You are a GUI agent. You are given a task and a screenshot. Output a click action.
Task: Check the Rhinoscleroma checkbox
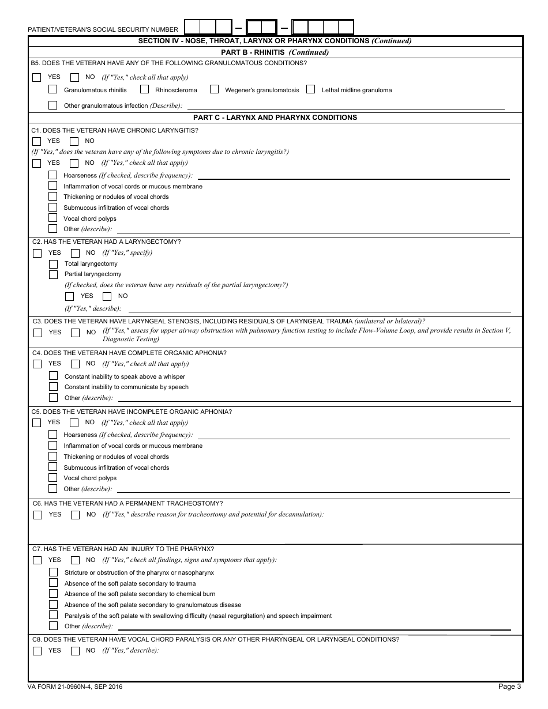point(144,89)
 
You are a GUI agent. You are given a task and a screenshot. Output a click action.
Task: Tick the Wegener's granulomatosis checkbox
point(214,89)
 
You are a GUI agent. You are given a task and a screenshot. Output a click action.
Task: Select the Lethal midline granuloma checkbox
point(311,89)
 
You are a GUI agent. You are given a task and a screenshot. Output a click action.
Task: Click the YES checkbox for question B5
point(37,77)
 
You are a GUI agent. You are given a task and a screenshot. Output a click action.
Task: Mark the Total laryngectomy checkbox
point(54,263)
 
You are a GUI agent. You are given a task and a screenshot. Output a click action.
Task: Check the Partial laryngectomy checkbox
point(54,274)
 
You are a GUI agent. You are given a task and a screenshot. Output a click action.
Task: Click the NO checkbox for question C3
point(75,333)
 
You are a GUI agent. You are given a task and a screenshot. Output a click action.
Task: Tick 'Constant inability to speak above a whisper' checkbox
point(54,376)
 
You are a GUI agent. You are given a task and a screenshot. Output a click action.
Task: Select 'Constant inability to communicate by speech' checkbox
point(54,387)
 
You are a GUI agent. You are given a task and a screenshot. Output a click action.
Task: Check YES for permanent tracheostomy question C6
point(37,515)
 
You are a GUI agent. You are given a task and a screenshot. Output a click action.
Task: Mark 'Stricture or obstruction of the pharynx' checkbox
point(54,572)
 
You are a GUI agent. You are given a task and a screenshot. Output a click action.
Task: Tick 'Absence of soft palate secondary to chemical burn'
point(54,594)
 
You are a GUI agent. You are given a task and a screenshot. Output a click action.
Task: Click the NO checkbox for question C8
point(75,651)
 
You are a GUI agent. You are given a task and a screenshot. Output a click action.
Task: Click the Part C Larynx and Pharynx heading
point(275,118)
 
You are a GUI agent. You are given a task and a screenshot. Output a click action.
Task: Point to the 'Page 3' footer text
point(510,687)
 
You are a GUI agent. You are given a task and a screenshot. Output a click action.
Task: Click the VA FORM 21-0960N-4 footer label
point(75,687)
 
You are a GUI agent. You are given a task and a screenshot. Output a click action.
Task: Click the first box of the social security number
point(192,28)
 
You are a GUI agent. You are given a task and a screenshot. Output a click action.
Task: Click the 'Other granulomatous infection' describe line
point(346,105)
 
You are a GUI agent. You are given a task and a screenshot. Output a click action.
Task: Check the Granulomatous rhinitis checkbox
point(53,89)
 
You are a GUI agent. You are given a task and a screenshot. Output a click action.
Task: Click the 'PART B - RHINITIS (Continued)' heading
point(275,52)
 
